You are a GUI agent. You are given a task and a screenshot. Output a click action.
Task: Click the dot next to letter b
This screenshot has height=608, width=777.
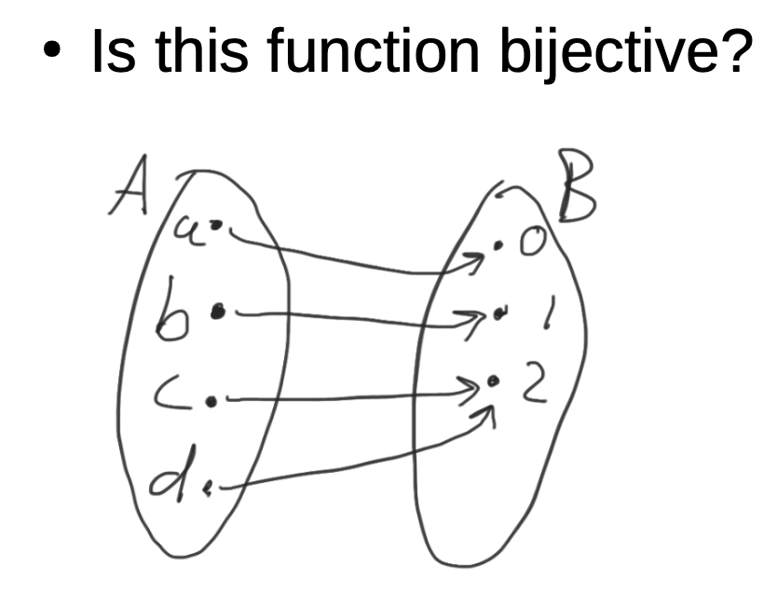(x=218, y=312)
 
